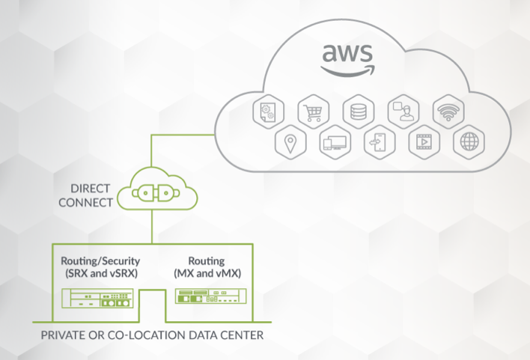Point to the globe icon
(x=469, y=141)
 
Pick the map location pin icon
(x=288, y=141)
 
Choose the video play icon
(x=424, y=141)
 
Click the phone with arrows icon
(x=378, y=141)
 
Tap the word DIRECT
(x=90, y=188)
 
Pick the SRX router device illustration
(x=97, y=301)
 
